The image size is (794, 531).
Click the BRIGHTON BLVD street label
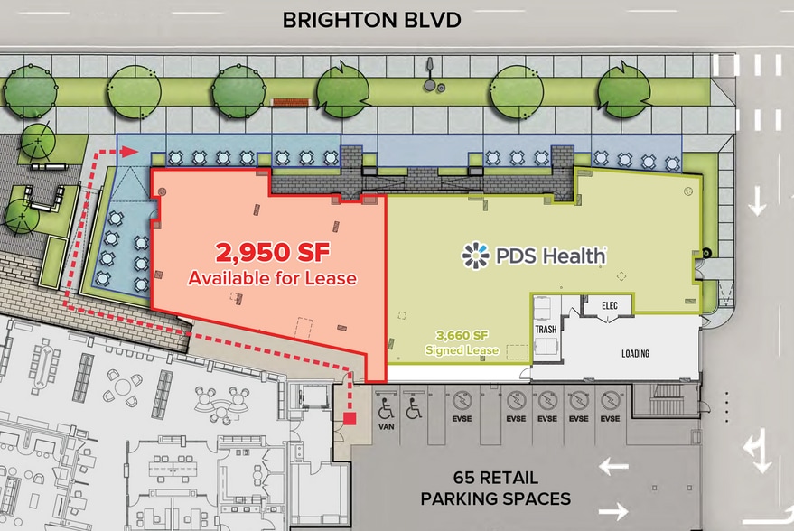coord(372,20)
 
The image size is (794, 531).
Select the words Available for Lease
coord(272,279)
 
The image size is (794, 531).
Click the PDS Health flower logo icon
coord(475,256)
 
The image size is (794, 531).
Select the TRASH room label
coord(546,330)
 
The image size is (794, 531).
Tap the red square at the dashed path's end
coord(350,418)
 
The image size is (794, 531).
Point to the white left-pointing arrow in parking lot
coord(615,466)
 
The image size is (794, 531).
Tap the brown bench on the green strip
coord(286,101)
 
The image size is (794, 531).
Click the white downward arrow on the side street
coord(757,202)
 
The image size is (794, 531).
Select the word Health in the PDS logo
coord(574,256)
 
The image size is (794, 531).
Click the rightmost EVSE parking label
coord(611,419)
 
